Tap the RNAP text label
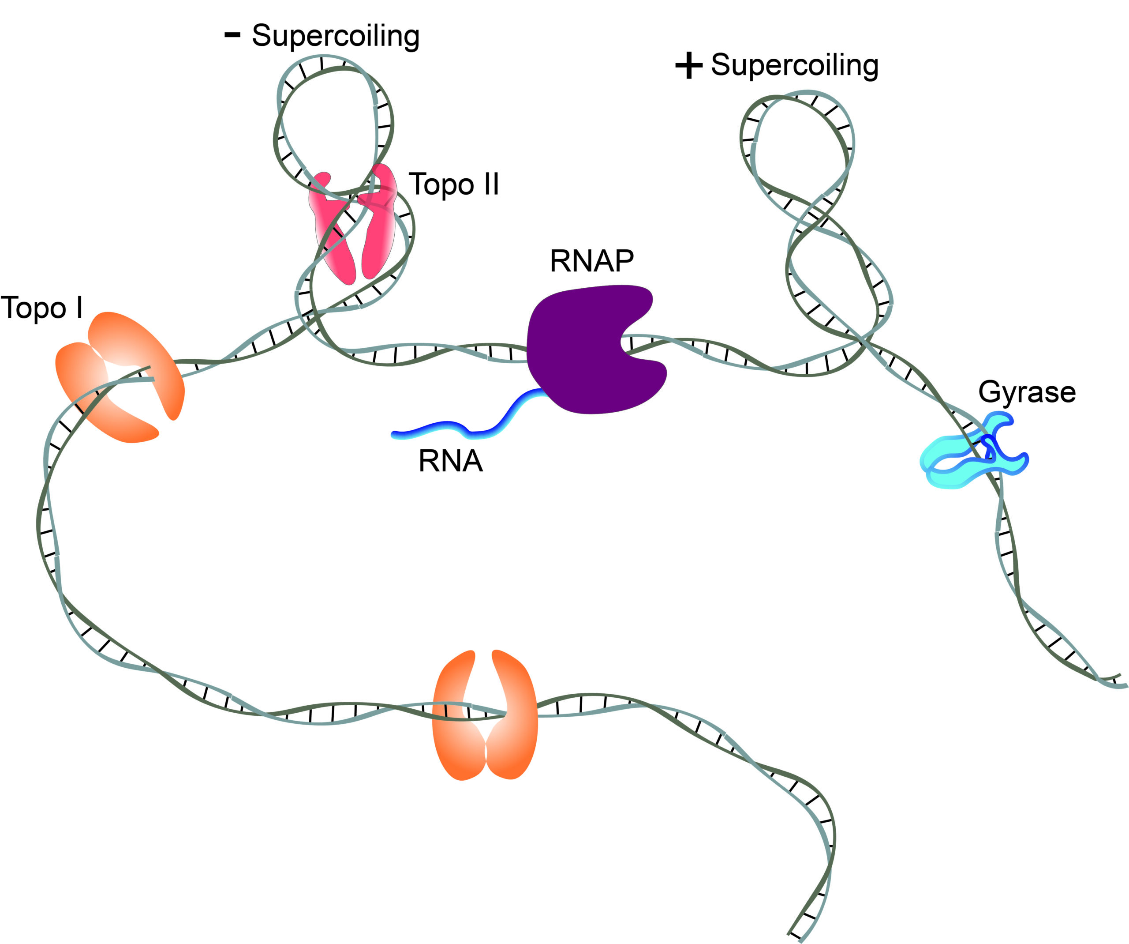[591, 261]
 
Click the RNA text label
[451, 462]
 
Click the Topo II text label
[454, 184]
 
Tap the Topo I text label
[42, 308]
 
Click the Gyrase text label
[1027, 391]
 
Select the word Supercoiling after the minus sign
[336, 37]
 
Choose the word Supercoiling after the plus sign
[795, 66]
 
